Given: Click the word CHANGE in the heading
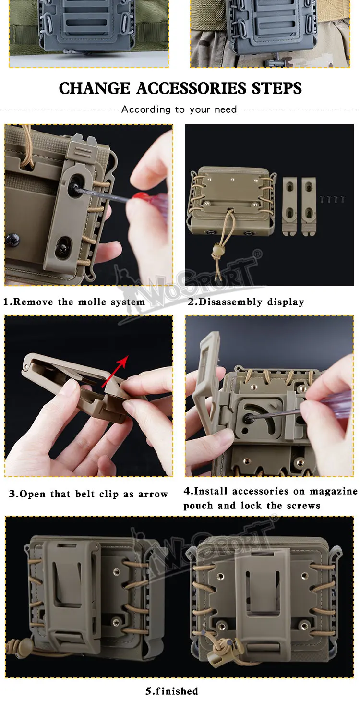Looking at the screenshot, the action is pyautogui.click(x=95, y=88).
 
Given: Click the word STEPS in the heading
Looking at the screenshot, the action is pyautogui.click(x=277, y=88).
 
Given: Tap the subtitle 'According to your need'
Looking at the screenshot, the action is pyautogui.click(x=179, y=109).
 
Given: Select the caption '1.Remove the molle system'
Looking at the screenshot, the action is pyautogui.click(x=74, y=302).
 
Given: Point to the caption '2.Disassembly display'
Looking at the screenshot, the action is pyautogui.click(x=246, y=302).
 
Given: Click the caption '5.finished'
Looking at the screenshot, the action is pyautogui.click(x=172, y=690).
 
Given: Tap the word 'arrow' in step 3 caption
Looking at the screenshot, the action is pyautogui.click(x=153, y=494).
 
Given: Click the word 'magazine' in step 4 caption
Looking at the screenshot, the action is pyautogui.click(x=334, y=491).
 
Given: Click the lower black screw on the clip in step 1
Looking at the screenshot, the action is pyautogui.click(x=61, y=249).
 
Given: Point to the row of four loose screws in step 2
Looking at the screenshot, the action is pyautogui.click(x=333, y=199).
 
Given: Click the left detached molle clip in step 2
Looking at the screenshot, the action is pyautogui.click(x=289, y=206).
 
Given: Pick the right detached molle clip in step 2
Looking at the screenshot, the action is pyautogui.click(x=309, y=206).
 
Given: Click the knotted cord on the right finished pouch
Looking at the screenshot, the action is pyautogui.click(x=224, y=647).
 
